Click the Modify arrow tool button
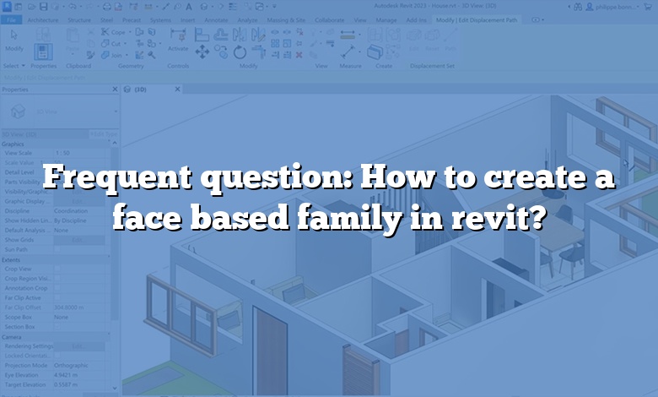pyautogui.click(x=14, y=43)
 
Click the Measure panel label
pyautogui.click(x=349, y=65)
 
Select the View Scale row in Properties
pyautogui.click(x=18, y=153)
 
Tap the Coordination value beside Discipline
pyautogui.click(x=72, y=211)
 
